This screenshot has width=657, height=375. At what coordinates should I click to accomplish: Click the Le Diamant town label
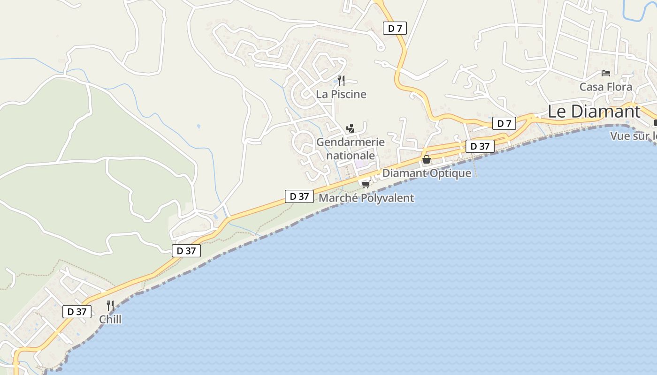[x=594, y=112]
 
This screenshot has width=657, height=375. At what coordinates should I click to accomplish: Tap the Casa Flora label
[x=605, y=87]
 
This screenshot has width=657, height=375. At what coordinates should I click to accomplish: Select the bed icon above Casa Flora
[x=606, y=73]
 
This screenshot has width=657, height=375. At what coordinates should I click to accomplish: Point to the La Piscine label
[x=341, y=94]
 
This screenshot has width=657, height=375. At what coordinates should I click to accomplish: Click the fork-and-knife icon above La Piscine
[x=341, y=81]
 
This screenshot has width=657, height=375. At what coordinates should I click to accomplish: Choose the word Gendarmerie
[x=351, y=142]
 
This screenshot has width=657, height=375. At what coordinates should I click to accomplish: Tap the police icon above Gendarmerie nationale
[x=350, y=128]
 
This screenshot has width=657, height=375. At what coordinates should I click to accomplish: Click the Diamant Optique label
[x=426, y=173]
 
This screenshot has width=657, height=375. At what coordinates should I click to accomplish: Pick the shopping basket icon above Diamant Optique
[x=426, y=160]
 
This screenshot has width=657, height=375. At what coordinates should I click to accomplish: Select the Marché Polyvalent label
[x=366, y=198]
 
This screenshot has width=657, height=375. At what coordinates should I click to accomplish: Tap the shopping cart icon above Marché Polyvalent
[x=366, y=184]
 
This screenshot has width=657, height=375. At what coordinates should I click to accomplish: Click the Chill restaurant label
[x=110, y=319]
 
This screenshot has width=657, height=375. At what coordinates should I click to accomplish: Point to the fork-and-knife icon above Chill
[x=110, y=306]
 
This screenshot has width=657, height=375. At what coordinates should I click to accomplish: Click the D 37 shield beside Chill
[x=77, y=311]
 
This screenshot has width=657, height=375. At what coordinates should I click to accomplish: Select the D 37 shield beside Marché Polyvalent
[x=299, y=196]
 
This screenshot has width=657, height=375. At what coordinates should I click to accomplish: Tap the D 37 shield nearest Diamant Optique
[x=480, y=146]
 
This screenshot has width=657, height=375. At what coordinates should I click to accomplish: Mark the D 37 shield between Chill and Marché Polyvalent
[x=186, y=251]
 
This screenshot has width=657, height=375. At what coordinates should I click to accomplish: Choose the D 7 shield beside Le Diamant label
[x=504, y=124]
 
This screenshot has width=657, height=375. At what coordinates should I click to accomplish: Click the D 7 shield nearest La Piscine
[x=395, y=28]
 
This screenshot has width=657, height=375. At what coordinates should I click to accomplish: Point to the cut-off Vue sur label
[x=633, y=136]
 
